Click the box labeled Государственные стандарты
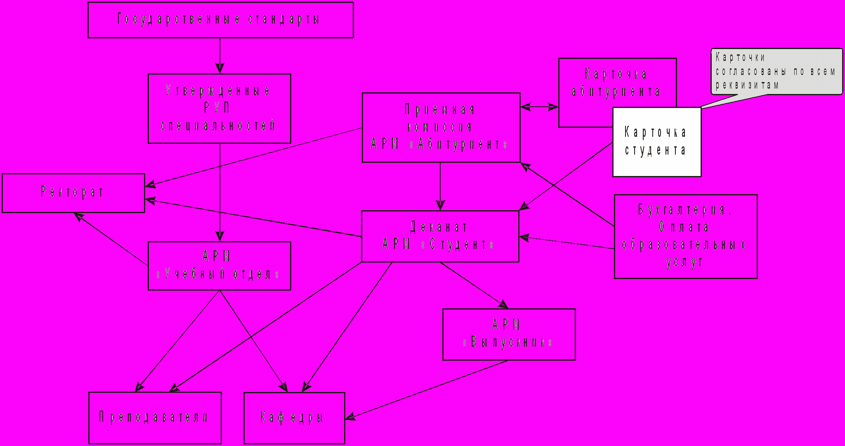click(220, 20)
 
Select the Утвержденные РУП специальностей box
click(219, 108)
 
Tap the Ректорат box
click(73, 192)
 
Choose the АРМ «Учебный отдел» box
click(219, 265)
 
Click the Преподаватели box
click(155, 417)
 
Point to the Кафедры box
click(294, 418)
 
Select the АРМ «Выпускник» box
click(508, 334)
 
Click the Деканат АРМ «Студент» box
click(440, 236)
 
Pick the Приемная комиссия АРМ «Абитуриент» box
click(441, 127)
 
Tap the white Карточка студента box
click(656, 142)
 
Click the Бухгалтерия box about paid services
click(685, 236)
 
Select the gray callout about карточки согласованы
click(776, 71)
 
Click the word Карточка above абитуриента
click(616, 74)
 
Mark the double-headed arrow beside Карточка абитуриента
click(539, 107)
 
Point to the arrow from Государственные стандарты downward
click(220, 55)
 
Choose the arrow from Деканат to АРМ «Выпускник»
click(474, 285)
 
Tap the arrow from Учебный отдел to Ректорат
click(111, 239)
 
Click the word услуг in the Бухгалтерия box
click(685, 262)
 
